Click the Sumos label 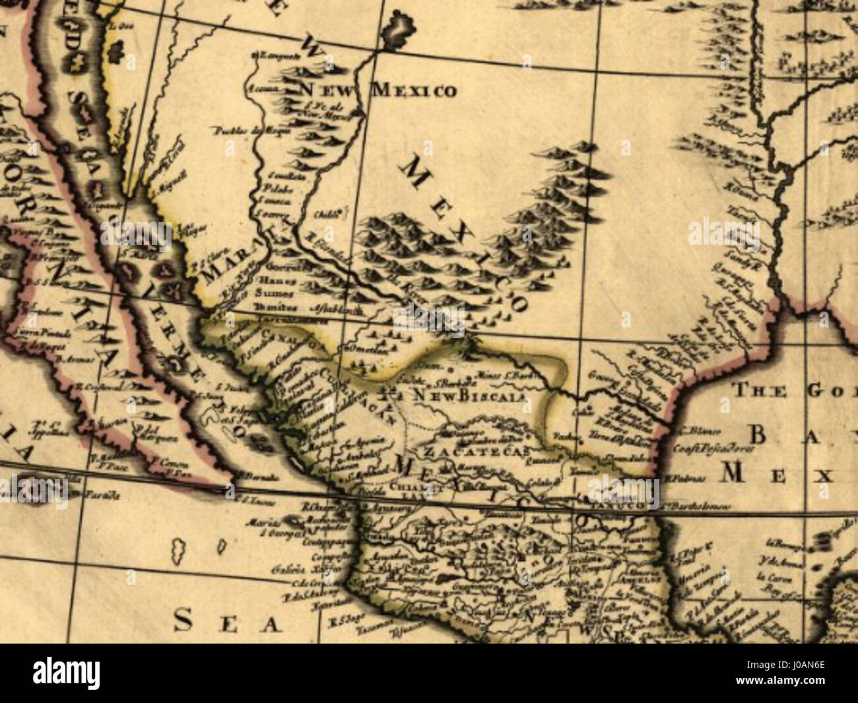pos(268,294)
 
